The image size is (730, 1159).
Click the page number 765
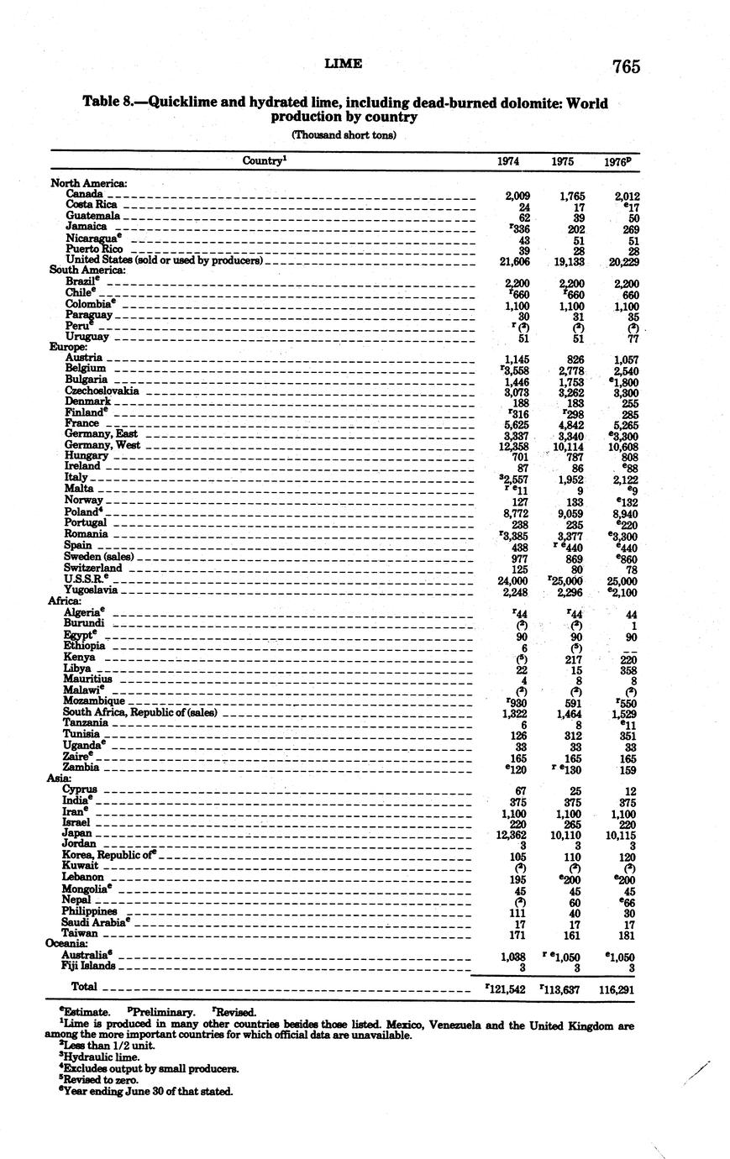[x=626, y=66]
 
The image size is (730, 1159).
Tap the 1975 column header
[x=562, y=161]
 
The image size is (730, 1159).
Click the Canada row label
[x=84, y=194]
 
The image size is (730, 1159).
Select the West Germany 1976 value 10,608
[x=621, y=444]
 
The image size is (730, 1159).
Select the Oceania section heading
[x=67, y=943]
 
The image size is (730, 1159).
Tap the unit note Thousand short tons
[x=343, y=134]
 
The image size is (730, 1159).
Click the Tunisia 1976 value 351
[x=625, y=733]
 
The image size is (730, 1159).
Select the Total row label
[x=84, y=987]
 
